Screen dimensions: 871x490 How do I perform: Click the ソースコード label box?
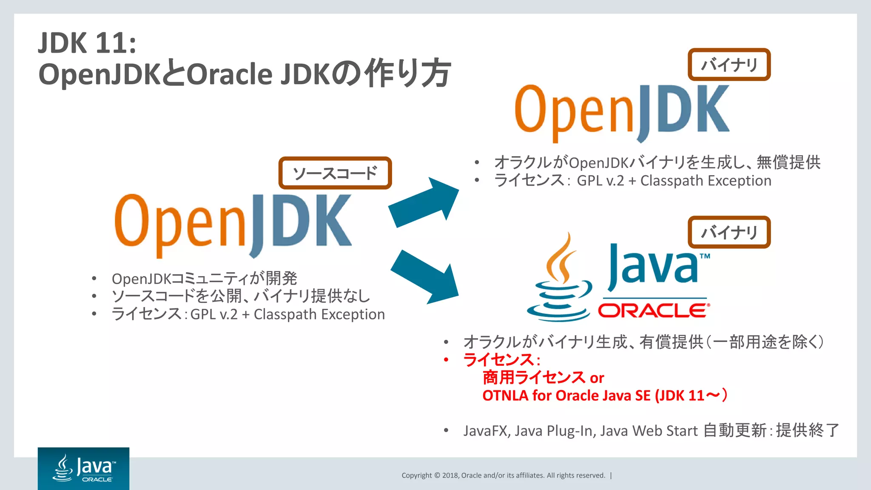(335, 173)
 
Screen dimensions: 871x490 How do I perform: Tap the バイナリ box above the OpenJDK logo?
(729, 65)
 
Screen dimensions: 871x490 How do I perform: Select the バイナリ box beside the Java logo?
(729, 232)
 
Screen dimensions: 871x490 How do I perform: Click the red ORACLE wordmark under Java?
(654, 311)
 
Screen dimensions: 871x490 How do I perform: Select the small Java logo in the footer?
(84, 468)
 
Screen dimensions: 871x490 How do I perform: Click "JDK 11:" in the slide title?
(87, 43)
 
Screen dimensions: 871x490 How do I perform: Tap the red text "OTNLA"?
(505, 396)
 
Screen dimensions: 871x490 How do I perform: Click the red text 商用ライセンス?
(534, 377)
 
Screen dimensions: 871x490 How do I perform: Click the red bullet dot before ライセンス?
(446, 360)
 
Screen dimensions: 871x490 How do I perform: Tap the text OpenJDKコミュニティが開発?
(204, 279)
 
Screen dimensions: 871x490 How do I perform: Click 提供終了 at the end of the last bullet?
(807, 430)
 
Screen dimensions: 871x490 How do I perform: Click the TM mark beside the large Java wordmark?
(705, 256)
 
